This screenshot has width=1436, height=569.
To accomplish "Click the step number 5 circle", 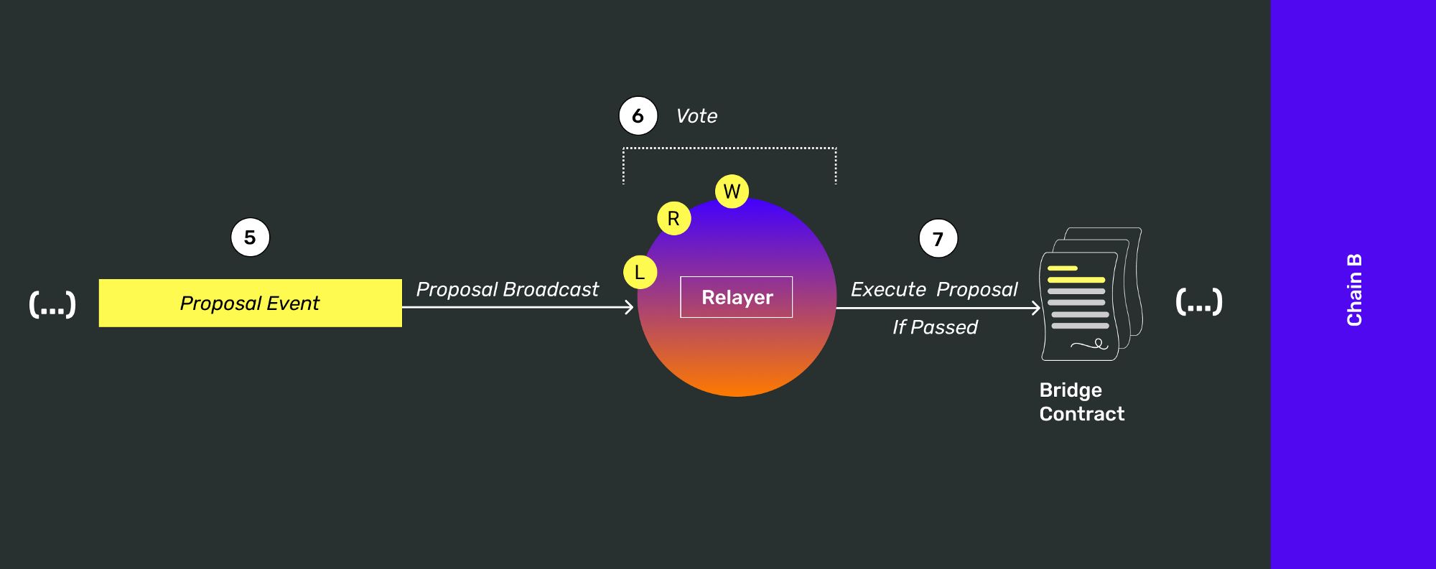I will tap(250, 238).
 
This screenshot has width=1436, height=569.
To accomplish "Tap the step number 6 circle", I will tap(638, 116).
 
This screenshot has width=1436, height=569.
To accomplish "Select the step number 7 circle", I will tap(938, 239).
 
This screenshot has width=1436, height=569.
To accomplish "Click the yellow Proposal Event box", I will tap(250, 303).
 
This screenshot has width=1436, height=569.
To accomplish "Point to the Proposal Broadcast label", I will tap(507, 289).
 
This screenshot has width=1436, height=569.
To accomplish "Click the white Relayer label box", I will tap(736, 297).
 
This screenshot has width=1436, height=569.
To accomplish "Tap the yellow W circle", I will tap(732, 192).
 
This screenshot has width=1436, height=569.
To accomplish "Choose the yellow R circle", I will tap(673, 219).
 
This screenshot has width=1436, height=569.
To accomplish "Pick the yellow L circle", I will tap(640, 273).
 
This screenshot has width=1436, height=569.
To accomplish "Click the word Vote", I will tap(696, 116).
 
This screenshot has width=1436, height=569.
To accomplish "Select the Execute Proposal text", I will tap(933, 289).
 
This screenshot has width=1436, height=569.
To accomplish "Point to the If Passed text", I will tap(934, 327).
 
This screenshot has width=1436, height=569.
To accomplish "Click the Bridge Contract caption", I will tap(1081, 402).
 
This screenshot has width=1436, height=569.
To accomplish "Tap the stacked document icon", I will tap(1090, 294).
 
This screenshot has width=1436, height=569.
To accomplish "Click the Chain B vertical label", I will tap(1354, 290).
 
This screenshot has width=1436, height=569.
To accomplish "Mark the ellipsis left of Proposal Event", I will tap(52, 304).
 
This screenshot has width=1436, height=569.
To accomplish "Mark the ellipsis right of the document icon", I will tap(1198, 302).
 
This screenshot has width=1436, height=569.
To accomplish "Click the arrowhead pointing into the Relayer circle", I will tap(630, 307).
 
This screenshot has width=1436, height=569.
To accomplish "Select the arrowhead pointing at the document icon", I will tap(1036, 309).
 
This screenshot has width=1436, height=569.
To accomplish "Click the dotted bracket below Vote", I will tap(729, 149).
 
